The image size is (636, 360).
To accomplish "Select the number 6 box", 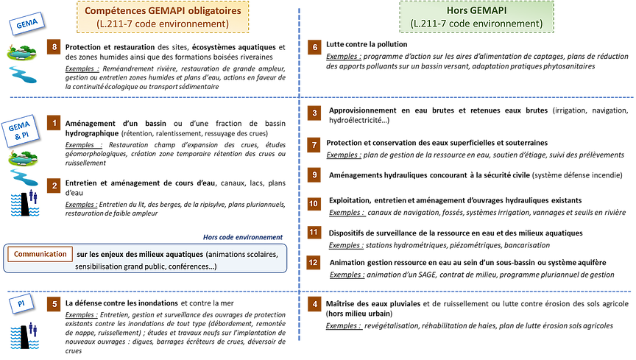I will click(x=315, y=48).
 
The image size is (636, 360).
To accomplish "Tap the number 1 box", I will click(x=55, y=123).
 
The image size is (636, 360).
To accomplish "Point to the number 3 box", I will click(x=314, y=113).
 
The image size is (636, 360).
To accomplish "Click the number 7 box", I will click(x=314, y=145).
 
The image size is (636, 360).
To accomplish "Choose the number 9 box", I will click(x=314, y=174).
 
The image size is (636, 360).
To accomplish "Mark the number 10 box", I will click(x=314, y=204).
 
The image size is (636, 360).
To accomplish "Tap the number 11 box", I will click(x=314, y=233).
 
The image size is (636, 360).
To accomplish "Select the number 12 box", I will click(x=314, y=261).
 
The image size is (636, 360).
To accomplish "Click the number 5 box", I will click(x=55, y=303).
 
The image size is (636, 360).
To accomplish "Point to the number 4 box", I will click(x=315, y=304).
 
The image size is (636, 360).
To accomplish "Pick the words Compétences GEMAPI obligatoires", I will click(x=163, y=11).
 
